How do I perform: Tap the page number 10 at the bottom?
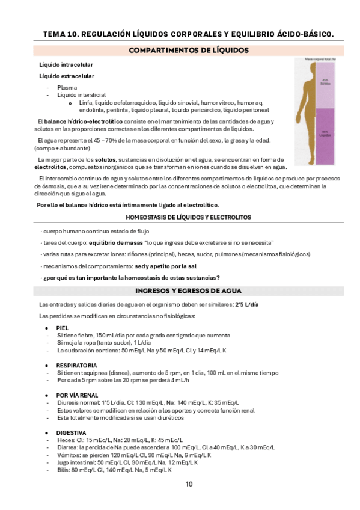[x=188, y=484]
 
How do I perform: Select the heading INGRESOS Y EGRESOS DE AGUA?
[x=188, y=291]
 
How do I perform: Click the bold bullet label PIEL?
[x=63, y=328]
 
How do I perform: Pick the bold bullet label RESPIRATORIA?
[x=77, y=365]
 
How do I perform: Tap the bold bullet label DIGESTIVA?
[x=71, y=432]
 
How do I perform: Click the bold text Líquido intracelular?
[x=66, y=64]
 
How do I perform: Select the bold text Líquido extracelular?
[x=66, y=76]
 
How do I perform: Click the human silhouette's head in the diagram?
[x=312, y=69]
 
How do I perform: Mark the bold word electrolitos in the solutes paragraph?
[x=50, y=167]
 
